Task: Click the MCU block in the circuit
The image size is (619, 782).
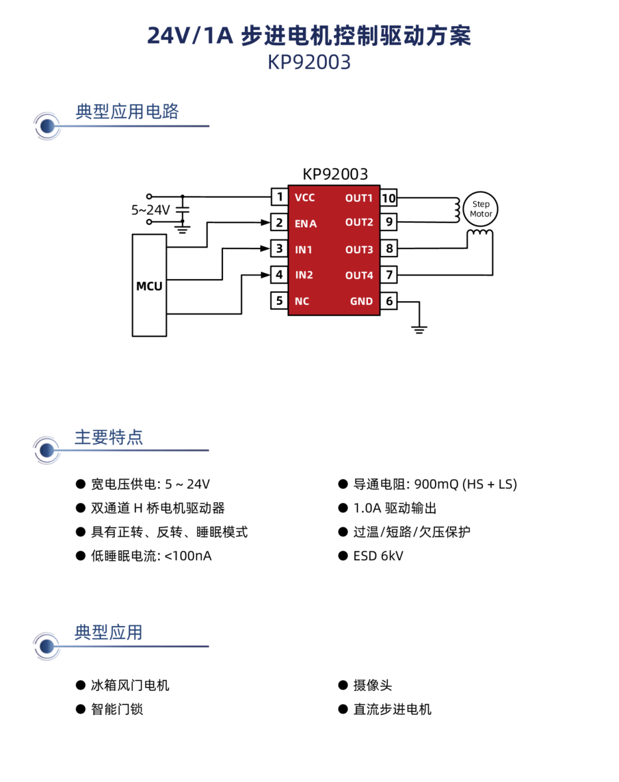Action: (149, 285)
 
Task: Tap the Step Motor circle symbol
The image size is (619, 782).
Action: (480, 209)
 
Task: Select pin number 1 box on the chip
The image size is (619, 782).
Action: (279, 197)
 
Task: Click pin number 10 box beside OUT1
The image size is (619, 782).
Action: (389, 198)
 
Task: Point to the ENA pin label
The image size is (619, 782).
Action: (305, 223)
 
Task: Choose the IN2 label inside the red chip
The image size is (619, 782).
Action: (304, 275)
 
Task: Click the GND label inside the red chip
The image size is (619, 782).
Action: (361, 301)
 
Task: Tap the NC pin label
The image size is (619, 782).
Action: (301, 301)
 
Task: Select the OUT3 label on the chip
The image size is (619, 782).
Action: (359, 250)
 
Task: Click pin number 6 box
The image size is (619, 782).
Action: (389, 301)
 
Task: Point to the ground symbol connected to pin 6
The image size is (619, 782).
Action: (419, 329)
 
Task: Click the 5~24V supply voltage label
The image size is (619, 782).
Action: (151, 210)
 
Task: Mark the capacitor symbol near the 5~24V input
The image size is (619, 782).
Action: (182, 209)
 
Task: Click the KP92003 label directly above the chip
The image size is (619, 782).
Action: (335, 174)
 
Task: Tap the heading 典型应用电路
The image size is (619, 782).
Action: (127, 111)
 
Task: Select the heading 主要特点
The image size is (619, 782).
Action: (109, 437)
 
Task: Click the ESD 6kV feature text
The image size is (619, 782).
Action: (378, 556)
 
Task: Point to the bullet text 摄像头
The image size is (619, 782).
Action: (373, 685)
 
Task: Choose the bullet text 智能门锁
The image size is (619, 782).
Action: (117, 709)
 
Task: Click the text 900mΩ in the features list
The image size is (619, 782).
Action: (436, 484)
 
